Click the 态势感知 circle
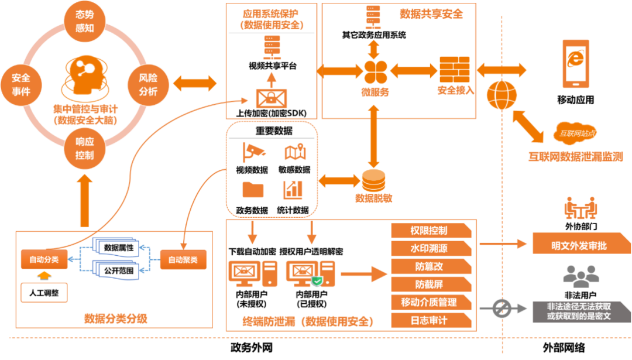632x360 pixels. point(85,23)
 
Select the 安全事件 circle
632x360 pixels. point(20,85)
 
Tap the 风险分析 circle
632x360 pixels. point(148,85)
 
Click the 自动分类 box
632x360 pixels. point(43,259)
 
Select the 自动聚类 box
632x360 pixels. point(183,259)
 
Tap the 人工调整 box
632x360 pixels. point(43,292)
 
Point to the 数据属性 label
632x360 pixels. point(119,248)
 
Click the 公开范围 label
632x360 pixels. point(119,271)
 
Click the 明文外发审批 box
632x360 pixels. point(579,245)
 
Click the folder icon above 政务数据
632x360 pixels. point(253,190)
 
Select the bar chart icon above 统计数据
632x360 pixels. point(293,189)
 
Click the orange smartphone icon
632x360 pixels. point(576,64)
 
